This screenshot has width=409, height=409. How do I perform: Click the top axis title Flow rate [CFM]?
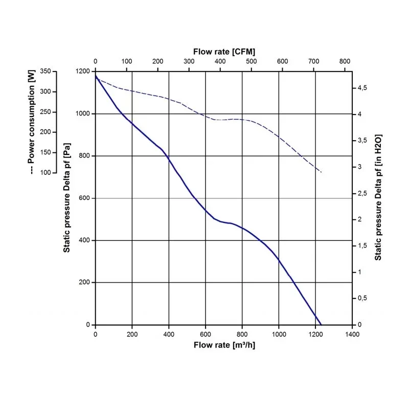224,52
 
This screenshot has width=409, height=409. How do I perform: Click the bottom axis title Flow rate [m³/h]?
224,345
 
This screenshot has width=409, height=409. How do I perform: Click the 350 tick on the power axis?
46,71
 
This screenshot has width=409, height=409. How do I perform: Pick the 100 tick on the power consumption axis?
46,172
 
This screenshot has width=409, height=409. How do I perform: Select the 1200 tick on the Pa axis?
83,71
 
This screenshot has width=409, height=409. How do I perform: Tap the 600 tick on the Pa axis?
85,198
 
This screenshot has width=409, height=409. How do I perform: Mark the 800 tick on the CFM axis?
345,61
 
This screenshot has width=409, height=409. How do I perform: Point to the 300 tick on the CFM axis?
189,61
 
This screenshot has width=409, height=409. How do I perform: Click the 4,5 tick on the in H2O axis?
362,88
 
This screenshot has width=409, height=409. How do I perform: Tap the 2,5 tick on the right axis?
362,193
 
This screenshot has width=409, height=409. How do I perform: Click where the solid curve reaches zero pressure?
321,325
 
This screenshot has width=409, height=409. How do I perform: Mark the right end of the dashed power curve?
322,172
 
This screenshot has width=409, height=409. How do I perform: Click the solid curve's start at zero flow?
96,76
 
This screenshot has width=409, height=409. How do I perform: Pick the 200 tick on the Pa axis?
85,282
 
